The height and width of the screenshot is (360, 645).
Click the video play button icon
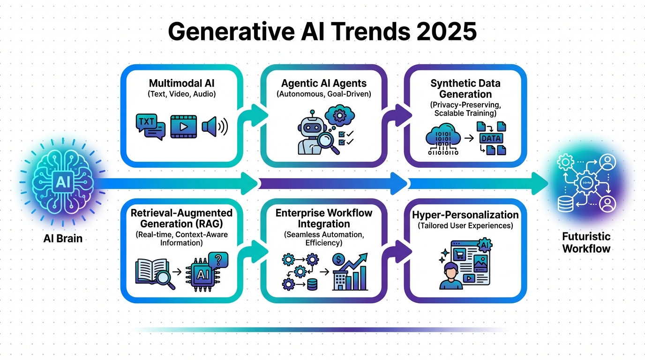coord(183,127)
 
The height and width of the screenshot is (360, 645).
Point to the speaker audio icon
coord(214,126)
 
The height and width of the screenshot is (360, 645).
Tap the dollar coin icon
coord(338,259)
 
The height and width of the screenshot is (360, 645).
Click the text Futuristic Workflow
coord(586,242)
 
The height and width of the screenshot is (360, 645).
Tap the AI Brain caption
coord(63,238)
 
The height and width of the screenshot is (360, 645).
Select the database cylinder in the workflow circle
coord(565,203)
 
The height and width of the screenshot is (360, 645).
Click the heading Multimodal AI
coord(181,83)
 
